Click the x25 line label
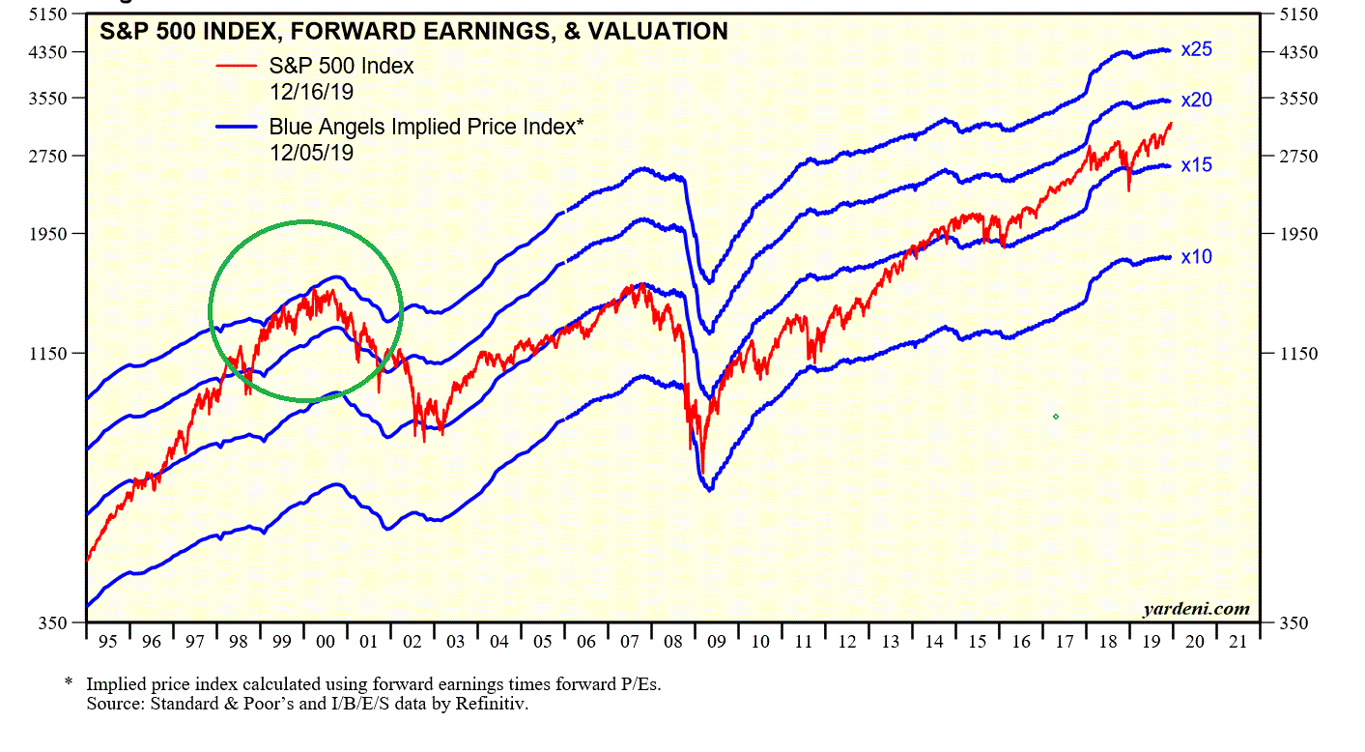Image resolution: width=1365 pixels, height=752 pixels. coord(1196,49)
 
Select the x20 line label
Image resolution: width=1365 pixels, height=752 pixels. coord(1196,101)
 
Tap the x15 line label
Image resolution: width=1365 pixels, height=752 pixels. coord(1196,165)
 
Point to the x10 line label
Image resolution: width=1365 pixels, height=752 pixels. coord(1196,257)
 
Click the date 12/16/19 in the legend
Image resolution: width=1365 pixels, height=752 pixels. coord(311,92)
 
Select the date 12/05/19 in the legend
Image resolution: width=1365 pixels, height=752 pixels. coord(311,152)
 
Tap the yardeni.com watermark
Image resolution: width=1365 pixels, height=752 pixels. coord(1195,609)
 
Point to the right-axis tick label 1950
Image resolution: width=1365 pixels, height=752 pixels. coord(1297,234)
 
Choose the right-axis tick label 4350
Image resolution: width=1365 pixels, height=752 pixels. coord(1297,51)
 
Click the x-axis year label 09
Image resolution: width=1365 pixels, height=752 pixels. coord(716,642)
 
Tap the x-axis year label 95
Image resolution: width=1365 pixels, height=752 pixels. coord(107,642)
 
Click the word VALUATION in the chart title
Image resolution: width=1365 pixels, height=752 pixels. coord(661,32)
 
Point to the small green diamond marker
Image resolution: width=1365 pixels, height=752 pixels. coord(1056,417)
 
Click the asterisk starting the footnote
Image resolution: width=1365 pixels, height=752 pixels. coord(69,682)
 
